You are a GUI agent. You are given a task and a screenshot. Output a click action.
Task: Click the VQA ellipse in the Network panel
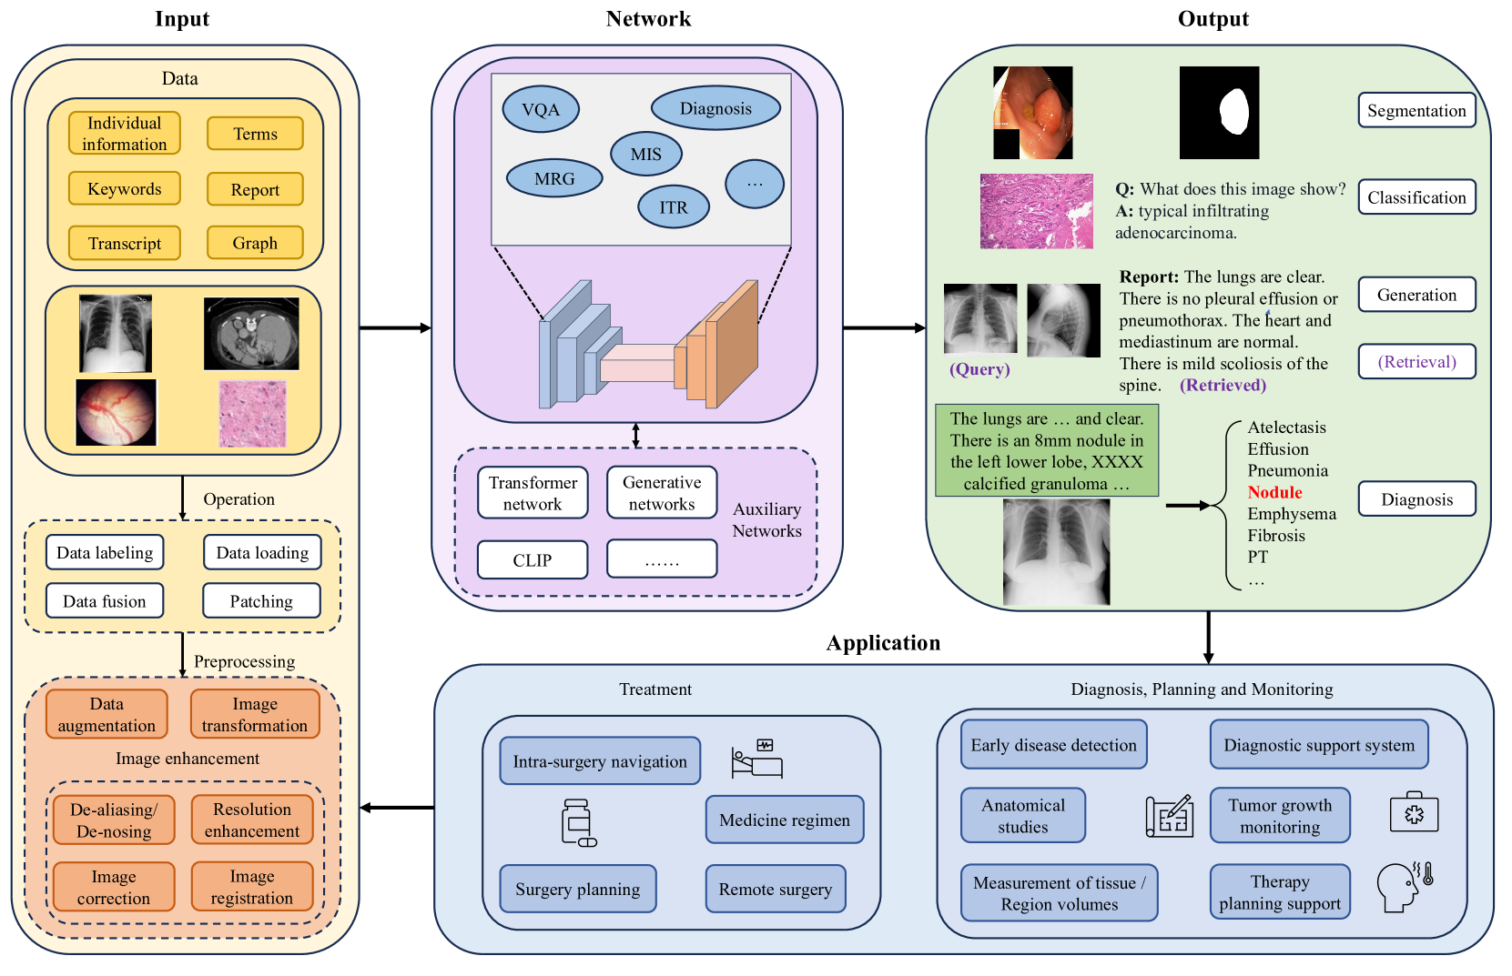(x=541, y=109)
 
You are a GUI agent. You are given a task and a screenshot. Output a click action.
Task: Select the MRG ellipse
(x=554, y=179)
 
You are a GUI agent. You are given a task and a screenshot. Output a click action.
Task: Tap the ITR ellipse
(x=674, y=207)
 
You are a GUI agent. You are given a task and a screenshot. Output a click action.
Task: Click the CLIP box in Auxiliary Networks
(x=533, y=559)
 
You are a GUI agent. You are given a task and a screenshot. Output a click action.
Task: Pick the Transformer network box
(x=533, y=493)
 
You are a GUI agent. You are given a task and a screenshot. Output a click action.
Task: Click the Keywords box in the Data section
(x=124, y=189)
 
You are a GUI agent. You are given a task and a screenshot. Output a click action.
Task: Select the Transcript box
(x=124, y=243)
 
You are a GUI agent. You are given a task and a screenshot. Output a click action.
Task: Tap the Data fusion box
(x=105, y=601)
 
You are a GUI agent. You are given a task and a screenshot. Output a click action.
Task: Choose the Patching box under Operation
(x=261, y=601)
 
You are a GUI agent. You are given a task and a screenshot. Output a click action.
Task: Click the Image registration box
(x=252, y=887)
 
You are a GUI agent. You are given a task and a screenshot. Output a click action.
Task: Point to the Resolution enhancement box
(x=252, y=820)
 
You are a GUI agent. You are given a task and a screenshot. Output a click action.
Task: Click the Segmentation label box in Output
(x=1416, y=111)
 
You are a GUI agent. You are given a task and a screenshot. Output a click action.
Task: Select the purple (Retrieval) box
(x=1416, y=361)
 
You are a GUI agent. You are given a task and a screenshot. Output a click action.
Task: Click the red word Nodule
(x=1274, y=492)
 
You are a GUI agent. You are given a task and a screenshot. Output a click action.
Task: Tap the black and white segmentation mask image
(x=1219, y=113)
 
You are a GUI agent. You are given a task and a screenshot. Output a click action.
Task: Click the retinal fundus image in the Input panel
(x=117, y=412)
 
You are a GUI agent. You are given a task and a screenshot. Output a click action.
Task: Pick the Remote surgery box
(x=776, y=889)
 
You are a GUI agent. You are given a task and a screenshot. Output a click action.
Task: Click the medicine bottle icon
(x=578, y=822)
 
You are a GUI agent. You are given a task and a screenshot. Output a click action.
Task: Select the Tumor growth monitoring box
(x=1280, y=816)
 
